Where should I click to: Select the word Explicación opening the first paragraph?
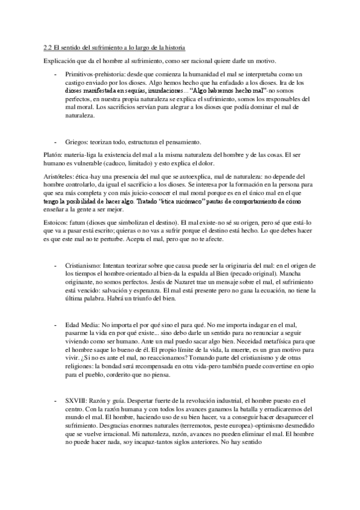(60, 61)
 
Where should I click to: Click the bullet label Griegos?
(77, 142)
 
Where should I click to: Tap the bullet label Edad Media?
(80, 323)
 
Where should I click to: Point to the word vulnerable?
(81, 163)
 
